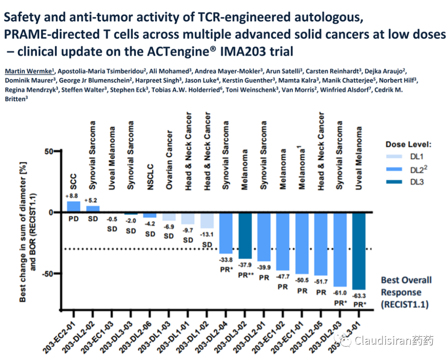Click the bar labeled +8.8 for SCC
[73, 207]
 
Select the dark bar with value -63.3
[358, 251]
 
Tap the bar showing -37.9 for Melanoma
[245, 235]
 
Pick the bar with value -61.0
[340, 249]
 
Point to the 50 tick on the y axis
[49, 151]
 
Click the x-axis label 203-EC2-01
[63, 332]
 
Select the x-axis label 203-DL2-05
[308, 332]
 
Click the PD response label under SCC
[73, 218]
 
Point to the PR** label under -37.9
[246, 274]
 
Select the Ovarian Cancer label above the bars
[169, 160]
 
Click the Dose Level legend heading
[409, 144]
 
